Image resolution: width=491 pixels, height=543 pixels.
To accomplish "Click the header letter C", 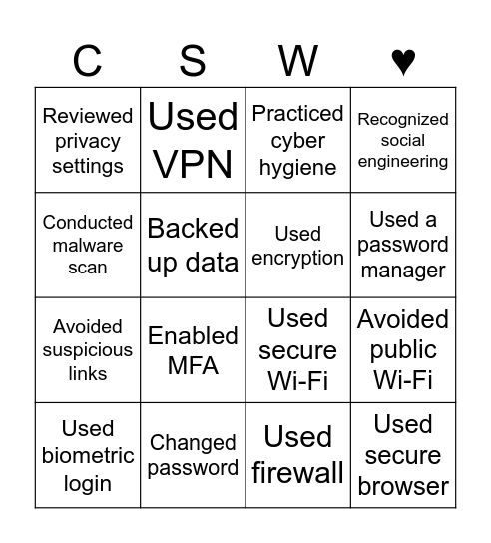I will [x=88, y=61].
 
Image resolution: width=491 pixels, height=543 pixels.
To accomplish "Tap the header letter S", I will [x=193, y=61].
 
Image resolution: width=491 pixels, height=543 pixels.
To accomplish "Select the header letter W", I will [x=298, y=61].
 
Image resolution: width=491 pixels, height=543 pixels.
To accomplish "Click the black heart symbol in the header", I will [x=403, y=62].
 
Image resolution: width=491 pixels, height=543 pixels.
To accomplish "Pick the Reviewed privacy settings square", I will [x=88, y=140].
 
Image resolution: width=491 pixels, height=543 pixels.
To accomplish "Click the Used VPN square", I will [x=193, y=140].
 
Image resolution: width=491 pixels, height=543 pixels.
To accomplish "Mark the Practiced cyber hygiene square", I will [x=298, y=140].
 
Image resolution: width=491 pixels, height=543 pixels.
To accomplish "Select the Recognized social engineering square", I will [x=403, y=140].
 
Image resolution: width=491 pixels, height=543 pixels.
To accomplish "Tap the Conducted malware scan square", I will [x=88, y=245].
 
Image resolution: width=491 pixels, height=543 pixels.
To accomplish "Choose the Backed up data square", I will [x=193, y=245].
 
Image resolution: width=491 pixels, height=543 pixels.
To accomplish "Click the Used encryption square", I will [x=298, y=245].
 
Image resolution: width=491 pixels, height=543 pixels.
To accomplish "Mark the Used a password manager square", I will [x=403, y=245].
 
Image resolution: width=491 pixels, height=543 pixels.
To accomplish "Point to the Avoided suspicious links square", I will [x=88, y=350].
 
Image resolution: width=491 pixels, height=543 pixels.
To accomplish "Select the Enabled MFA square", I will [x=193, y=350].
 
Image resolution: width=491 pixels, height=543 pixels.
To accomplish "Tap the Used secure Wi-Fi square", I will [x=298, y=350].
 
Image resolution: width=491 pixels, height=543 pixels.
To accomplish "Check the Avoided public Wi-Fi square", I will [x=403, y=350].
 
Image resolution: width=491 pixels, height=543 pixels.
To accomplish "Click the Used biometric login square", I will [x=88, y=455].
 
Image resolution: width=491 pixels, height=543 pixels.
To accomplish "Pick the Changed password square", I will [x=193, y=455].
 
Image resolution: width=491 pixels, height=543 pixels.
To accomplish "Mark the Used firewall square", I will [x=298, y=455].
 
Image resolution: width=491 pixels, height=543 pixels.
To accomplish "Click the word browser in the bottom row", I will [x=403, y=486].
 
